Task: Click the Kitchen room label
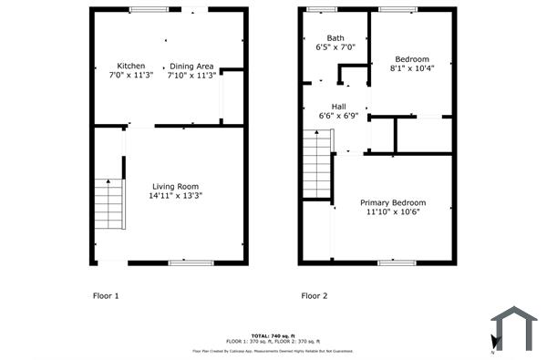pos(130,66)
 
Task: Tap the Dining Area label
pos(191,66)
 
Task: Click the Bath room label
pos(324,37)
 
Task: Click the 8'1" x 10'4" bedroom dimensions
pos(412,68)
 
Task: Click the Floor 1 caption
pos(107,295)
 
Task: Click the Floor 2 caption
pos(315,295)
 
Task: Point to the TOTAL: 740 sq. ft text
pos(273,334)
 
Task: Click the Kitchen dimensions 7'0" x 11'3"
pos(130,76)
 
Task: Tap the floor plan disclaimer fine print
pos(273,350)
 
